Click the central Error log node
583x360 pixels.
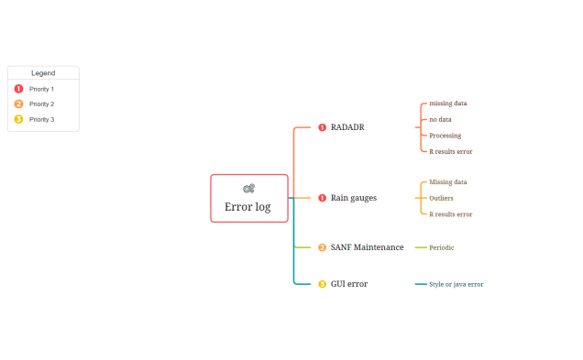pyautogui.click(x=248, y=206)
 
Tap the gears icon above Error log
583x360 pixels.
pyautogui.click(x=248, y=188)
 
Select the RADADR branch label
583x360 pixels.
pyautogui.click(x=347, y=127)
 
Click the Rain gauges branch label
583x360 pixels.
pyautogui.click(x=354, y=198)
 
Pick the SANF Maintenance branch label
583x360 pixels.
pyautogui.click(x=367, y=247)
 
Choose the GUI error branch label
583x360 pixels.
pyautogui.click(x=349, y=284)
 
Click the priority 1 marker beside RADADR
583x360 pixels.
pyautogui.click(x=322, y=127)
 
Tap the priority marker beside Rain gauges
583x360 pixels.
pyautogui.click(x=322, y=198)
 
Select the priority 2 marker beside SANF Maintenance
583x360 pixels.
pyautogui.click(x=322, y=247)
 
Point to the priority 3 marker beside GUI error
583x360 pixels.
pyautogui.click(x=322, y=284)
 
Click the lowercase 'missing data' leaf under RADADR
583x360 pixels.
pyautogui.click(x=448, y=104)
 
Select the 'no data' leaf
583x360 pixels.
pyautogui.click(x=440, y=119)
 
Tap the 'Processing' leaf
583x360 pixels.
pyautogui.click(x=445, y=136)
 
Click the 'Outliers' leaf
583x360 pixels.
pyautogui.click(x=441, y=198)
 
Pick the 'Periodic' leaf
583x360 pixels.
pyautogui.click(x=442, y=247)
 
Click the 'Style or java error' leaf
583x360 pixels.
pyautogui.click(x=456, y=284)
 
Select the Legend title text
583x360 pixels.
pyautogui.click(x=43, y=72)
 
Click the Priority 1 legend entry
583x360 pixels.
pyautogui.click(x=41, y=89)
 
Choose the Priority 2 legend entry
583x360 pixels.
pyautogui.click(x=41, y=104)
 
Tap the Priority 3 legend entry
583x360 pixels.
pyautogui.click(x=41, y=119)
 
